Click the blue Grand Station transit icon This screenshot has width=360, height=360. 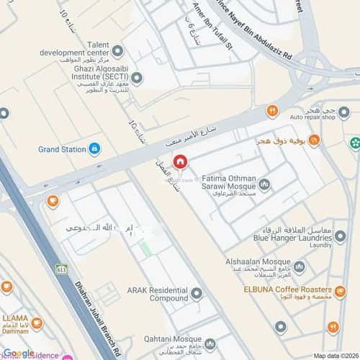pos(94,149)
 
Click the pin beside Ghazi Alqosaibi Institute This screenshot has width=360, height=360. pos(136,78)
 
